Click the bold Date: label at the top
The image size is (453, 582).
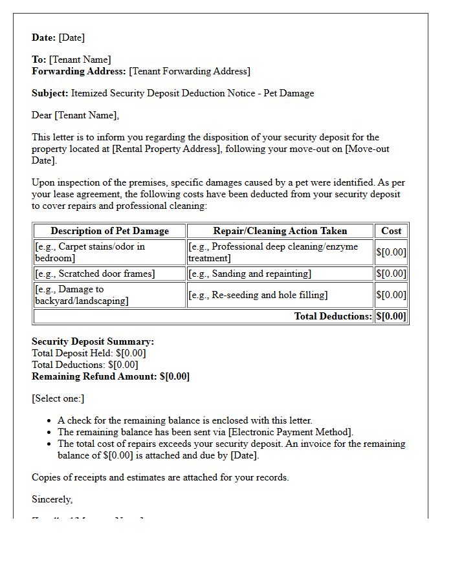tap(44, 38)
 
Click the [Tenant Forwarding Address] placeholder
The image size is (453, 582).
tap(190, 71)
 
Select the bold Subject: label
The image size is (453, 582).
tap(50, 93)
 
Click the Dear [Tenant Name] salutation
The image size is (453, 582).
tap(75, 115)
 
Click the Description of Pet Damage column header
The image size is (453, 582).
tap(109, 231)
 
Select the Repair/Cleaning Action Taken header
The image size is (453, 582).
tap(280, 231)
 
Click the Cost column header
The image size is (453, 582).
tap(391, 231)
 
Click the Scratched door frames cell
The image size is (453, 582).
tap(95, 274)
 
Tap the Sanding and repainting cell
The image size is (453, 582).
tap(250, 274)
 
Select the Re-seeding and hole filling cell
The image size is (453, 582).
tap(258, 295)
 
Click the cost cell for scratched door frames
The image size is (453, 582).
tap(391, 274)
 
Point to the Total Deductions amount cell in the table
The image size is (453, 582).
tap(391, 316)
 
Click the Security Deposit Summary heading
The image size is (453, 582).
tap(93, 341)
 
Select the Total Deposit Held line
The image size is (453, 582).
tap(89, 353)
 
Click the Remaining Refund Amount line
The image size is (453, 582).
tap(110, 376)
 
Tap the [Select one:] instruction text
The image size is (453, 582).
tap(58, 398)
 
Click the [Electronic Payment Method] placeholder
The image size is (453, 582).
tap(289, 432)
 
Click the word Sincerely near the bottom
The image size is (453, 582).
tap(52, 499)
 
